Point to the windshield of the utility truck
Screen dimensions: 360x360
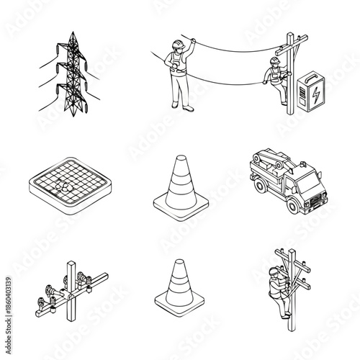pos(305,180)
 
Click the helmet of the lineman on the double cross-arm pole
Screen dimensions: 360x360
pos(273,271)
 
